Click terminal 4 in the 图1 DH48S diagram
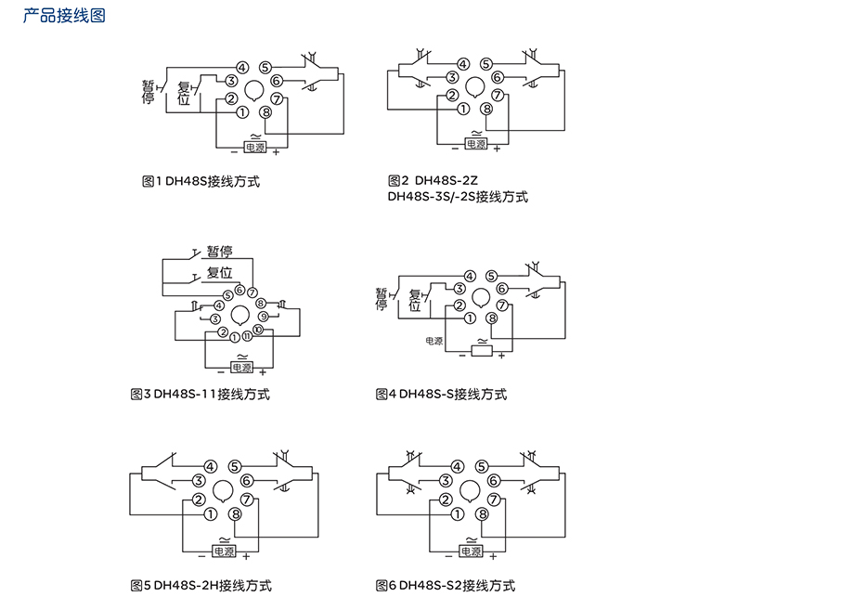click(242, 67)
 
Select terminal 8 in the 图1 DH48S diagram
click(266, 112)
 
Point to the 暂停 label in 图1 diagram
click(149, 91)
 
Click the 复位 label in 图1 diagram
click(184, 94)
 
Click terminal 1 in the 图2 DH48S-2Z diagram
click(463, 109)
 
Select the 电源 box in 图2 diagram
click(475, 145)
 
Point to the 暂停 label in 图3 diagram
click(219, 251)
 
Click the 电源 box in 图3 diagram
click(241, 368)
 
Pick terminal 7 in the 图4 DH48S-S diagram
click(502, 305)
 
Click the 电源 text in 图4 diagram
click(434, 341)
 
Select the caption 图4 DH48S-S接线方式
click(442, 395)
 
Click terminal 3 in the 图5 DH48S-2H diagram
click(199, 481)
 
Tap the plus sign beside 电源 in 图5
click(247, 554)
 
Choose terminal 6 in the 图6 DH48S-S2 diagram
click(494, 481)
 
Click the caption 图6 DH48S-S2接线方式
click(446, 585)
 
